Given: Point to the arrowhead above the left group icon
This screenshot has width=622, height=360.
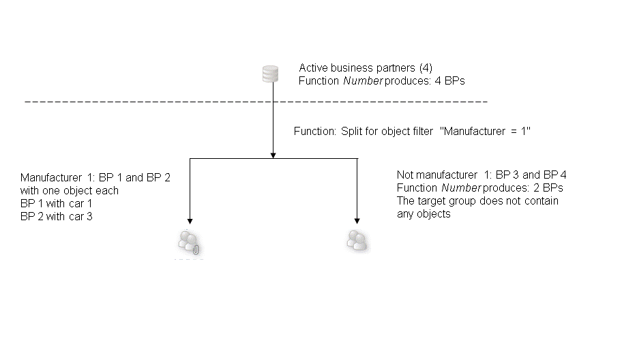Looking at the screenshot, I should point(190,221).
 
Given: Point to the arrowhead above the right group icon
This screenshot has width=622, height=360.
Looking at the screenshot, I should point(357,220).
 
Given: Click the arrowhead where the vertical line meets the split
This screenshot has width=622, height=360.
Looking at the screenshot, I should point(273,155).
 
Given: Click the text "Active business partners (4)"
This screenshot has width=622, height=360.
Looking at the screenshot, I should point(366,67).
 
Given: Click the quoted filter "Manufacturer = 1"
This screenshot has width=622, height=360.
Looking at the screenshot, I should point(487,130).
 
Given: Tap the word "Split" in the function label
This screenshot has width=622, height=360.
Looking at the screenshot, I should point(353,130).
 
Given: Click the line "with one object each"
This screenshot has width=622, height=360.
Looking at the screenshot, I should point(70,191).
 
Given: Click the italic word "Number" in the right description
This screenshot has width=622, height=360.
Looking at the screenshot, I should point(460,187).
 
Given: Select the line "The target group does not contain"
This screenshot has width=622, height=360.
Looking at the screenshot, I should point(477,200).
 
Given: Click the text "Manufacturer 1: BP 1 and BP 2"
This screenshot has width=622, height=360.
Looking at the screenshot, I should point(95,177).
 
